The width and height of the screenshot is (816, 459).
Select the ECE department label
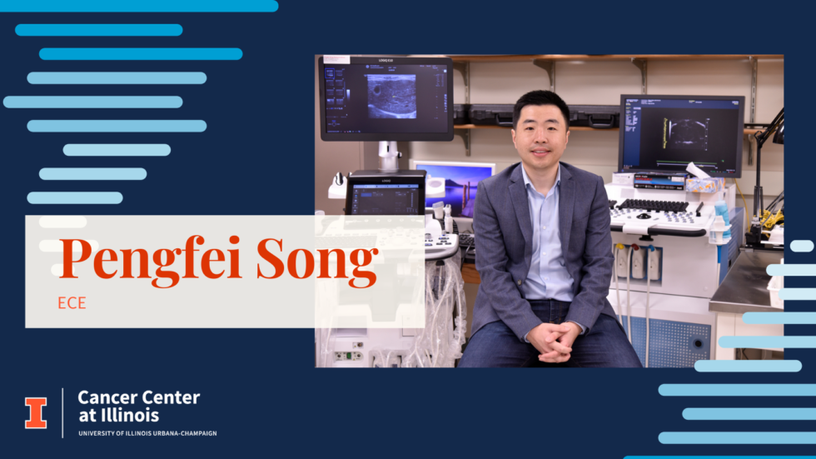72,303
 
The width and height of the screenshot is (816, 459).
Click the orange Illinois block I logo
36,413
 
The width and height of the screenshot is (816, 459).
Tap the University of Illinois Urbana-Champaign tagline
148,433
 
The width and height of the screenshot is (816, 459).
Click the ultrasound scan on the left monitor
391,97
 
